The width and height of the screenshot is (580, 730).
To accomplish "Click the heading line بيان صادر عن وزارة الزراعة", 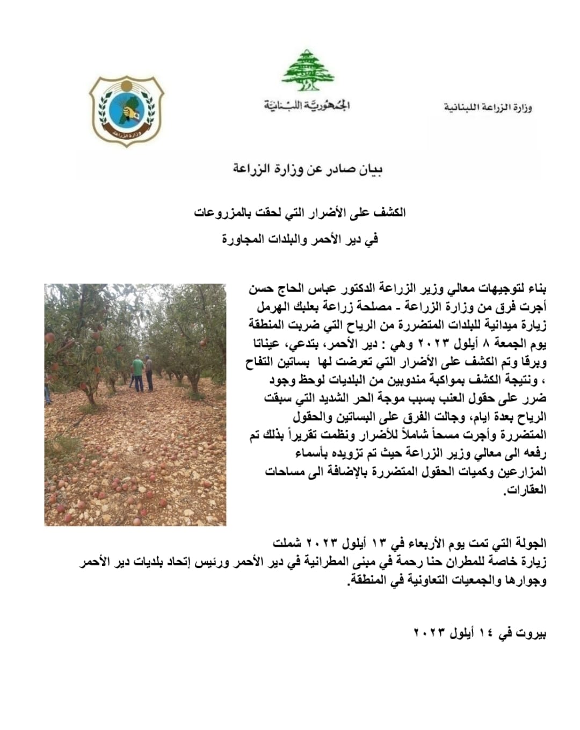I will [x=308, y=170].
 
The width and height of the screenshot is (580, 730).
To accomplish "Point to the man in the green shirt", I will [x=138, y=372].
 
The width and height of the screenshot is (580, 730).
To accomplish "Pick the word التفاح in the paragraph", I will [x=264, y=363].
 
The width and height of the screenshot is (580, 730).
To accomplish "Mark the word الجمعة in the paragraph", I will [x=519, y=344].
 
